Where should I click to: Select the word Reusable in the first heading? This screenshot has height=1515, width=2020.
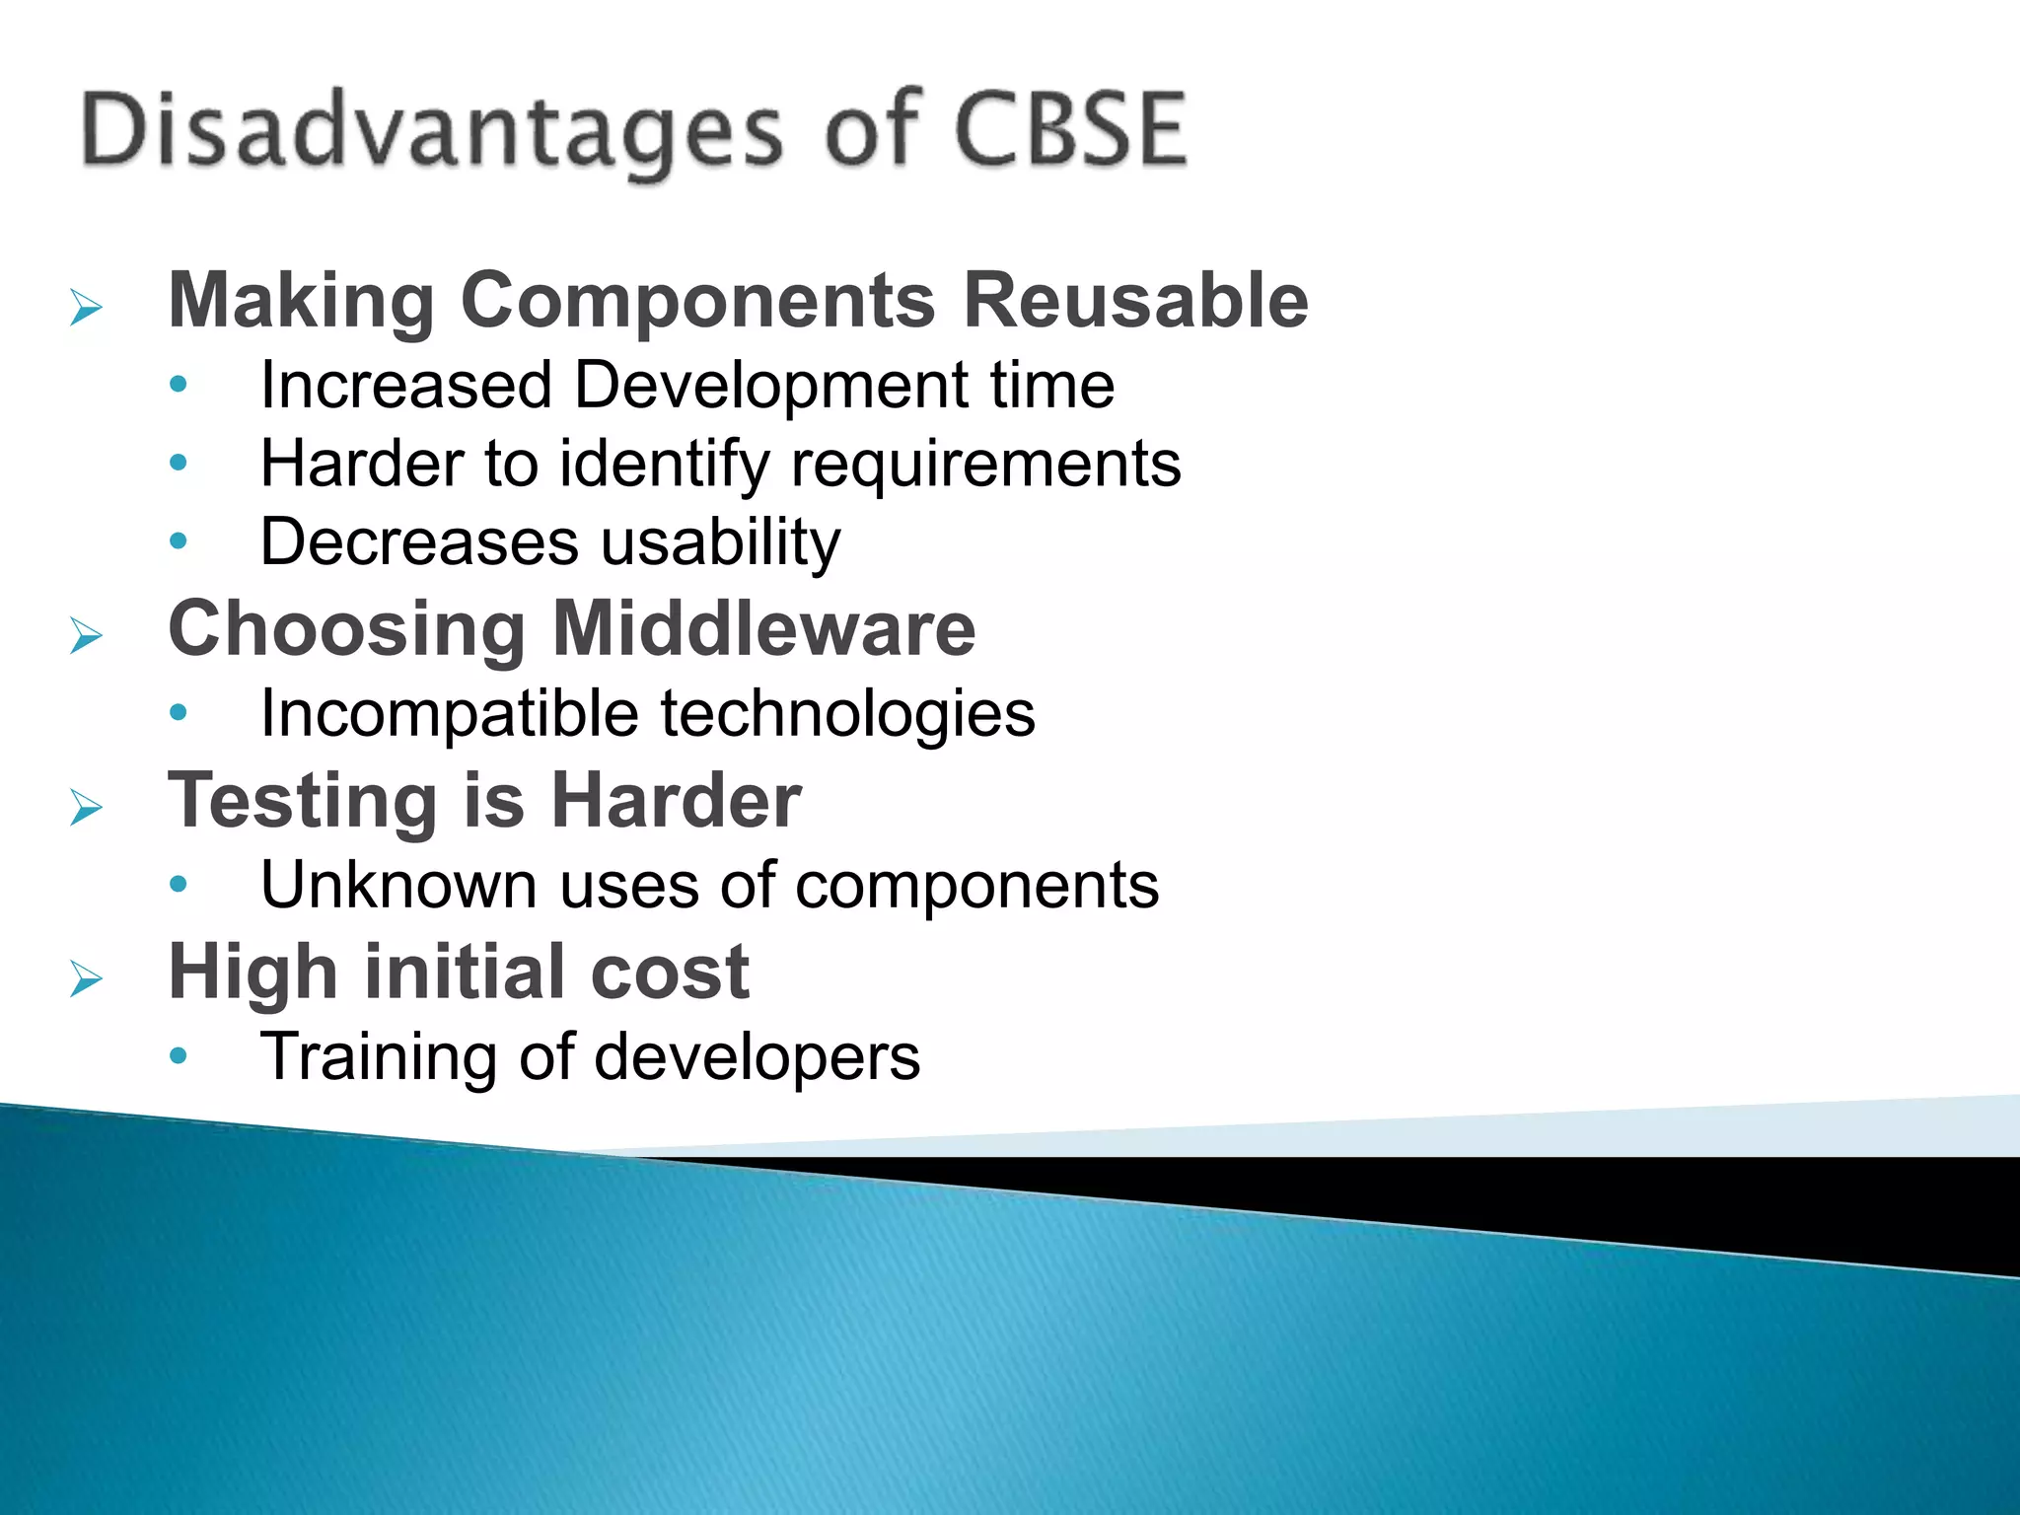pos(1135,300)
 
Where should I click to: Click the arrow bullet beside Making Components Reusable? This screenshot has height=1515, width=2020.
pos(87,308)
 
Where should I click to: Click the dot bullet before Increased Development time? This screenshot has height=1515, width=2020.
pos(179,385)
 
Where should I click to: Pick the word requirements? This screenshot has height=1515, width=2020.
pos(985,464)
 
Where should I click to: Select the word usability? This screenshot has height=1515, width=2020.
pos(720,542)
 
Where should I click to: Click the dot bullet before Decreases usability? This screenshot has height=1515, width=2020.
pos(179,541)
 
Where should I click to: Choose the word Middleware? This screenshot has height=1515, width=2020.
pos(764,628)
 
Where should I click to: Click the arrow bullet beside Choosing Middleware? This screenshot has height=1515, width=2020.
pos(87,636)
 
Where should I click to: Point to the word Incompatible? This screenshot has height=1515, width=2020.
pos(450,714)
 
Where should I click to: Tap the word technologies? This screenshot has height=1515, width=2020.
pos(848,714)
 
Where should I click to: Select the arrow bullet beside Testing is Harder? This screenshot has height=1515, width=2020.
pos(87,809)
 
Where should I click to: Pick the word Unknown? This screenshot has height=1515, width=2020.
pos(399,885)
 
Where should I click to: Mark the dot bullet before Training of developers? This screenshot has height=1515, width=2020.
pos(179,1056)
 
